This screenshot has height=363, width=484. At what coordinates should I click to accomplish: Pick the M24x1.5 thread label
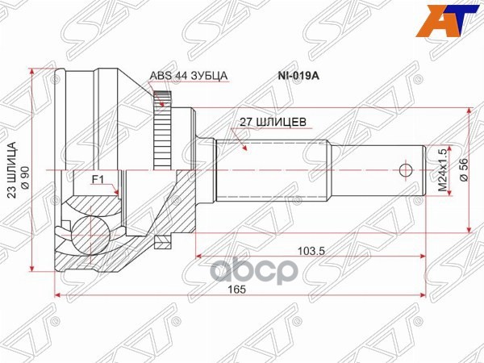[x=441, y=170]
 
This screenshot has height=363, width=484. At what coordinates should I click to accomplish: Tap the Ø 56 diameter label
[x=463, y=171]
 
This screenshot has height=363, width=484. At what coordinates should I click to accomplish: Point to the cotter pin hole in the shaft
[x=406, y=170]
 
